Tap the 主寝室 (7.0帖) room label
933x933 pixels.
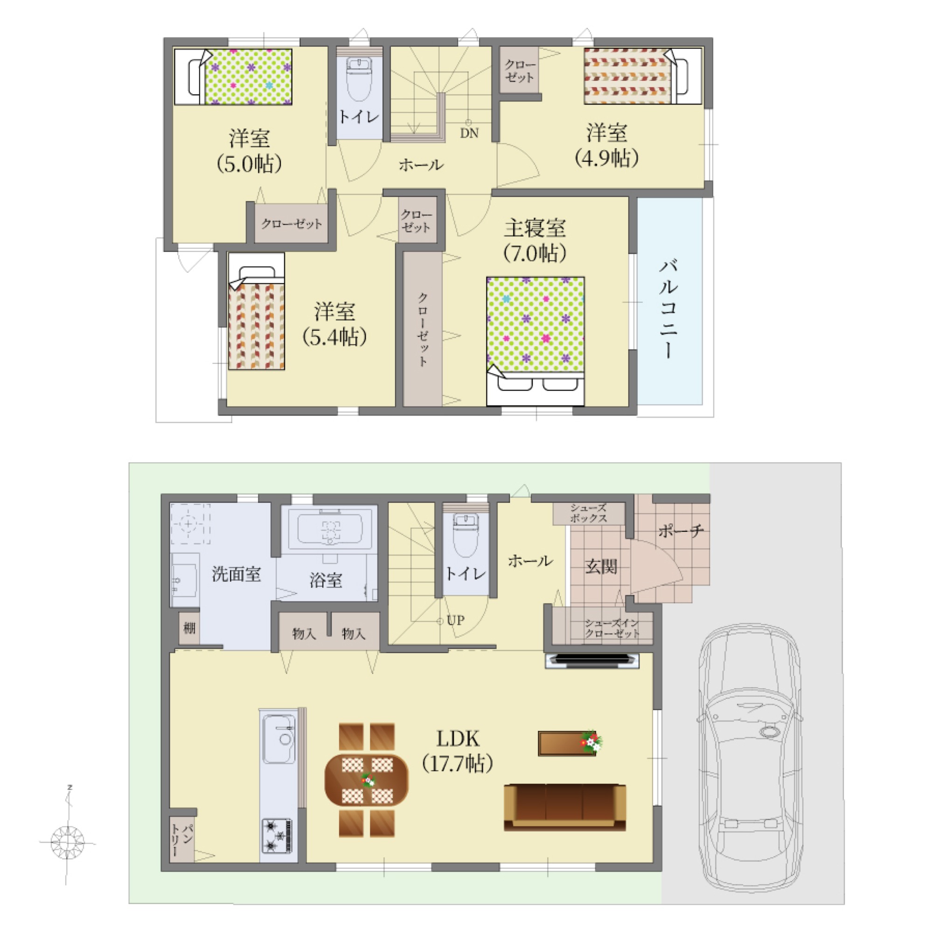click(535, 240)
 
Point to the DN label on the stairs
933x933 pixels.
click(469, 133)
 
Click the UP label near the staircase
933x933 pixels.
click(455, 620)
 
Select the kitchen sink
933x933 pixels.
click(278, 738)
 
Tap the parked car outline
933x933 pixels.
click(750, 758)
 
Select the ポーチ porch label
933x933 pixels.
click(681, 531)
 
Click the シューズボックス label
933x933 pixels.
click(588, 513)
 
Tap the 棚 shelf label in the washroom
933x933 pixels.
click(189, 628)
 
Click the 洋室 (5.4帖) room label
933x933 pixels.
click(334, 324)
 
